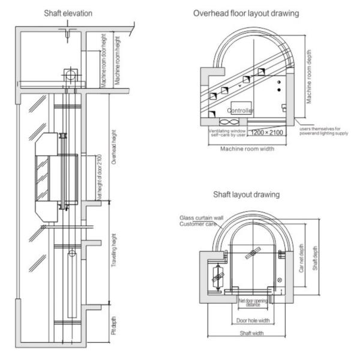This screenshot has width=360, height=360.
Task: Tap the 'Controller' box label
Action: pyautogui.click(x=240, y=110)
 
